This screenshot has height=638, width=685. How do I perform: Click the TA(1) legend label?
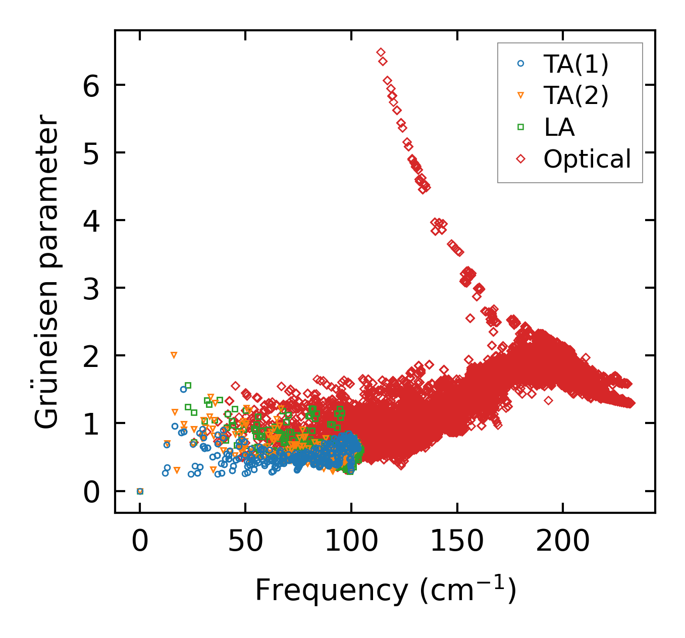[576, 64]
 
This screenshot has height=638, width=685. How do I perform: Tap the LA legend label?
[559, 127]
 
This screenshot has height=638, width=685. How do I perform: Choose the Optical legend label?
[587, 159]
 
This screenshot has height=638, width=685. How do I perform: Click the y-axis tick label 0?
[91, 491]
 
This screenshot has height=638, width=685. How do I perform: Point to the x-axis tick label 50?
[245, 542]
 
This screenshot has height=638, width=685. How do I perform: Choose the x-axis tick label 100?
[351, 542]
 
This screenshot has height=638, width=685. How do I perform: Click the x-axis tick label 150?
[457, 542]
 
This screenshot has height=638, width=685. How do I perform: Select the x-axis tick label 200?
[562, 542]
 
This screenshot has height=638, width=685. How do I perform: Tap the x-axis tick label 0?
[140, 542]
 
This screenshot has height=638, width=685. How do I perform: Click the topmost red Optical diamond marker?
[381, 52]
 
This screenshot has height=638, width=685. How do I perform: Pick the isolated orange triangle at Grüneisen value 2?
[174, 355]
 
